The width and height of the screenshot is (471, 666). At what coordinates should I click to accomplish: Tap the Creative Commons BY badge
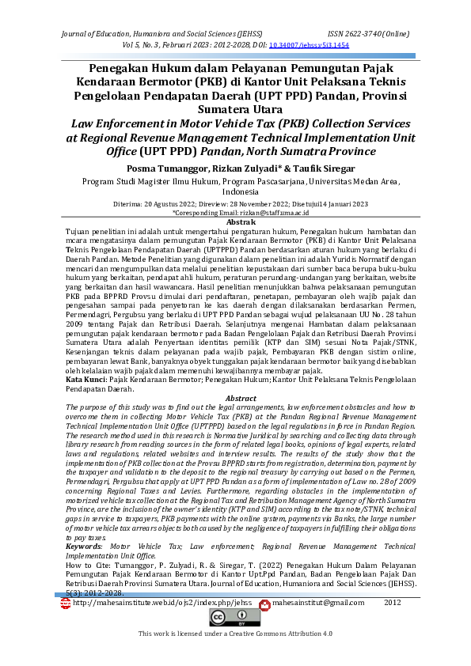pos(235,619)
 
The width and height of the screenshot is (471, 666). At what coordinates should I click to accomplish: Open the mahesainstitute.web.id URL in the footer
pos(162,603)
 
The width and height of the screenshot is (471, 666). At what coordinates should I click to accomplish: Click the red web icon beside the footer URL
pos(66,603)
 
